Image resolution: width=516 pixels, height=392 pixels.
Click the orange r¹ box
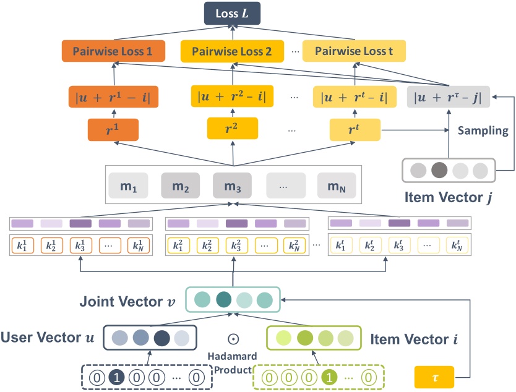point(113,130)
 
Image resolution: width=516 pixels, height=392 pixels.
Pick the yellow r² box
point(233,130)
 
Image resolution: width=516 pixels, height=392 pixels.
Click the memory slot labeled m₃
point(233,185)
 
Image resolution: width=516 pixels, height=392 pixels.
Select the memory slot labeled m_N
point(337,185)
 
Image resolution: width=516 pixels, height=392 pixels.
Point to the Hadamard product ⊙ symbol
point(233,339)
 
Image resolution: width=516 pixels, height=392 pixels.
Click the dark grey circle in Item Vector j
point(439,171)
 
